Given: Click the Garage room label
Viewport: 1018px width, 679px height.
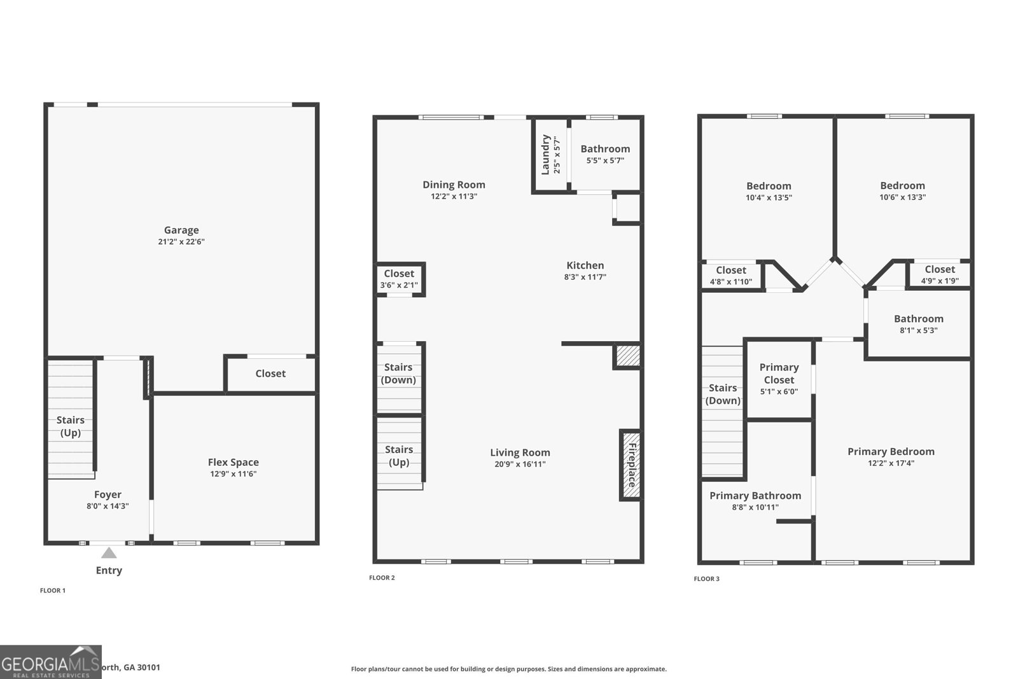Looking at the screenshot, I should pyautogui.click(x=181, y=230).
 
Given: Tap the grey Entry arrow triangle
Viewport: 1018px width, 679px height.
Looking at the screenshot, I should pyautogui.click(x=109, y=553).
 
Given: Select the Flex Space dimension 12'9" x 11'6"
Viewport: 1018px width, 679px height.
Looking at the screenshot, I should pyautogui.click(x=234, y=474).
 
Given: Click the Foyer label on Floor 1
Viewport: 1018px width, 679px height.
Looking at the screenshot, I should pyautogui.click(x=108, y=494).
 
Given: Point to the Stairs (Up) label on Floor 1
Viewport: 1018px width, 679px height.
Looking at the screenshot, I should pyautogui.click(x=70, y=426).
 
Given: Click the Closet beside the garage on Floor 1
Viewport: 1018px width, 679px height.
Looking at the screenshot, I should pyautogui.click(x=270, y=374).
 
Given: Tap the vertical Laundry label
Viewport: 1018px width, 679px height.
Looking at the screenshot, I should pyautogui.click(x=545, y=155).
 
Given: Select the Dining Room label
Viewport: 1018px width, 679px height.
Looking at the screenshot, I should pyautogui.click(x=454, y=185).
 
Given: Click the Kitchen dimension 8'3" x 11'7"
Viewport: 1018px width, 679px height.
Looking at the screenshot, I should pyautogui.click(x=585, y=277).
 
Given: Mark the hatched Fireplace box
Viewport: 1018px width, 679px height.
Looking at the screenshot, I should pyautogui.click(x=630, y=465).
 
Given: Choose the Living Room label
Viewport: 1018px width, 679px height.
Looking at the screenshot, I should pyautogui.click(x=520, y=452).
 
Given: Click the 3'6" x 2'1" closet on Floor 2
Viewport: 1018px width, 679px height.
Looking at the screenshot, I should pyautogui.click(x=399, y=279).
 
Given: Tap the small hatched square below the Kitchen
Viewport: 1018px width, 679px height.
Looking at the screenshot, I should pyautogui.click(x=626, y=356).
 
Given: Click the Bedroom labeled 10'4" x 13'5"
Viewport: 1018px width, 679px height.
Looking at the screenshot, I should pyautogui.click(x=769, y=191).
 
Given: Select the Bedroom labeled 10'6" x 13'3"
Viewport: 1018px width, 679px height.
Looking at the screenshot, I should pyautogui.click(x=902, y=191).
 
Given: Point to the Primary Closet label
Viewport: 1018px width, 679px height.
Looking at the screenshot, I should pyautogui.click(x=779, y=374).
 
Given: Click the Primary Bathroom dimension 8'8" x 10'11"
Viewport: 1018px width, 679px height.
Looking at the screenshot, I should pyautogui.click(x=755, y=507).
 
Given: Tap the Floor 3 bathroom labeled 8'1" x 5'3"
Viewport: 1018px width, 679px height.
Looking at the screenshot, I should pyautogui.click(x=918, y=324).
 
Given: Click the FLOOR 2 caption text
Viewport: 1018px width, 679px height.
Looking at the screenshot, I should pyautogui.click(x=382, y=578).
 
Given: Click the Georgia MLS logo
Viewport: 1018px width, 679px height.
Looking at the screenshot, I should pyautogui.click(x=50, y=662).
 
